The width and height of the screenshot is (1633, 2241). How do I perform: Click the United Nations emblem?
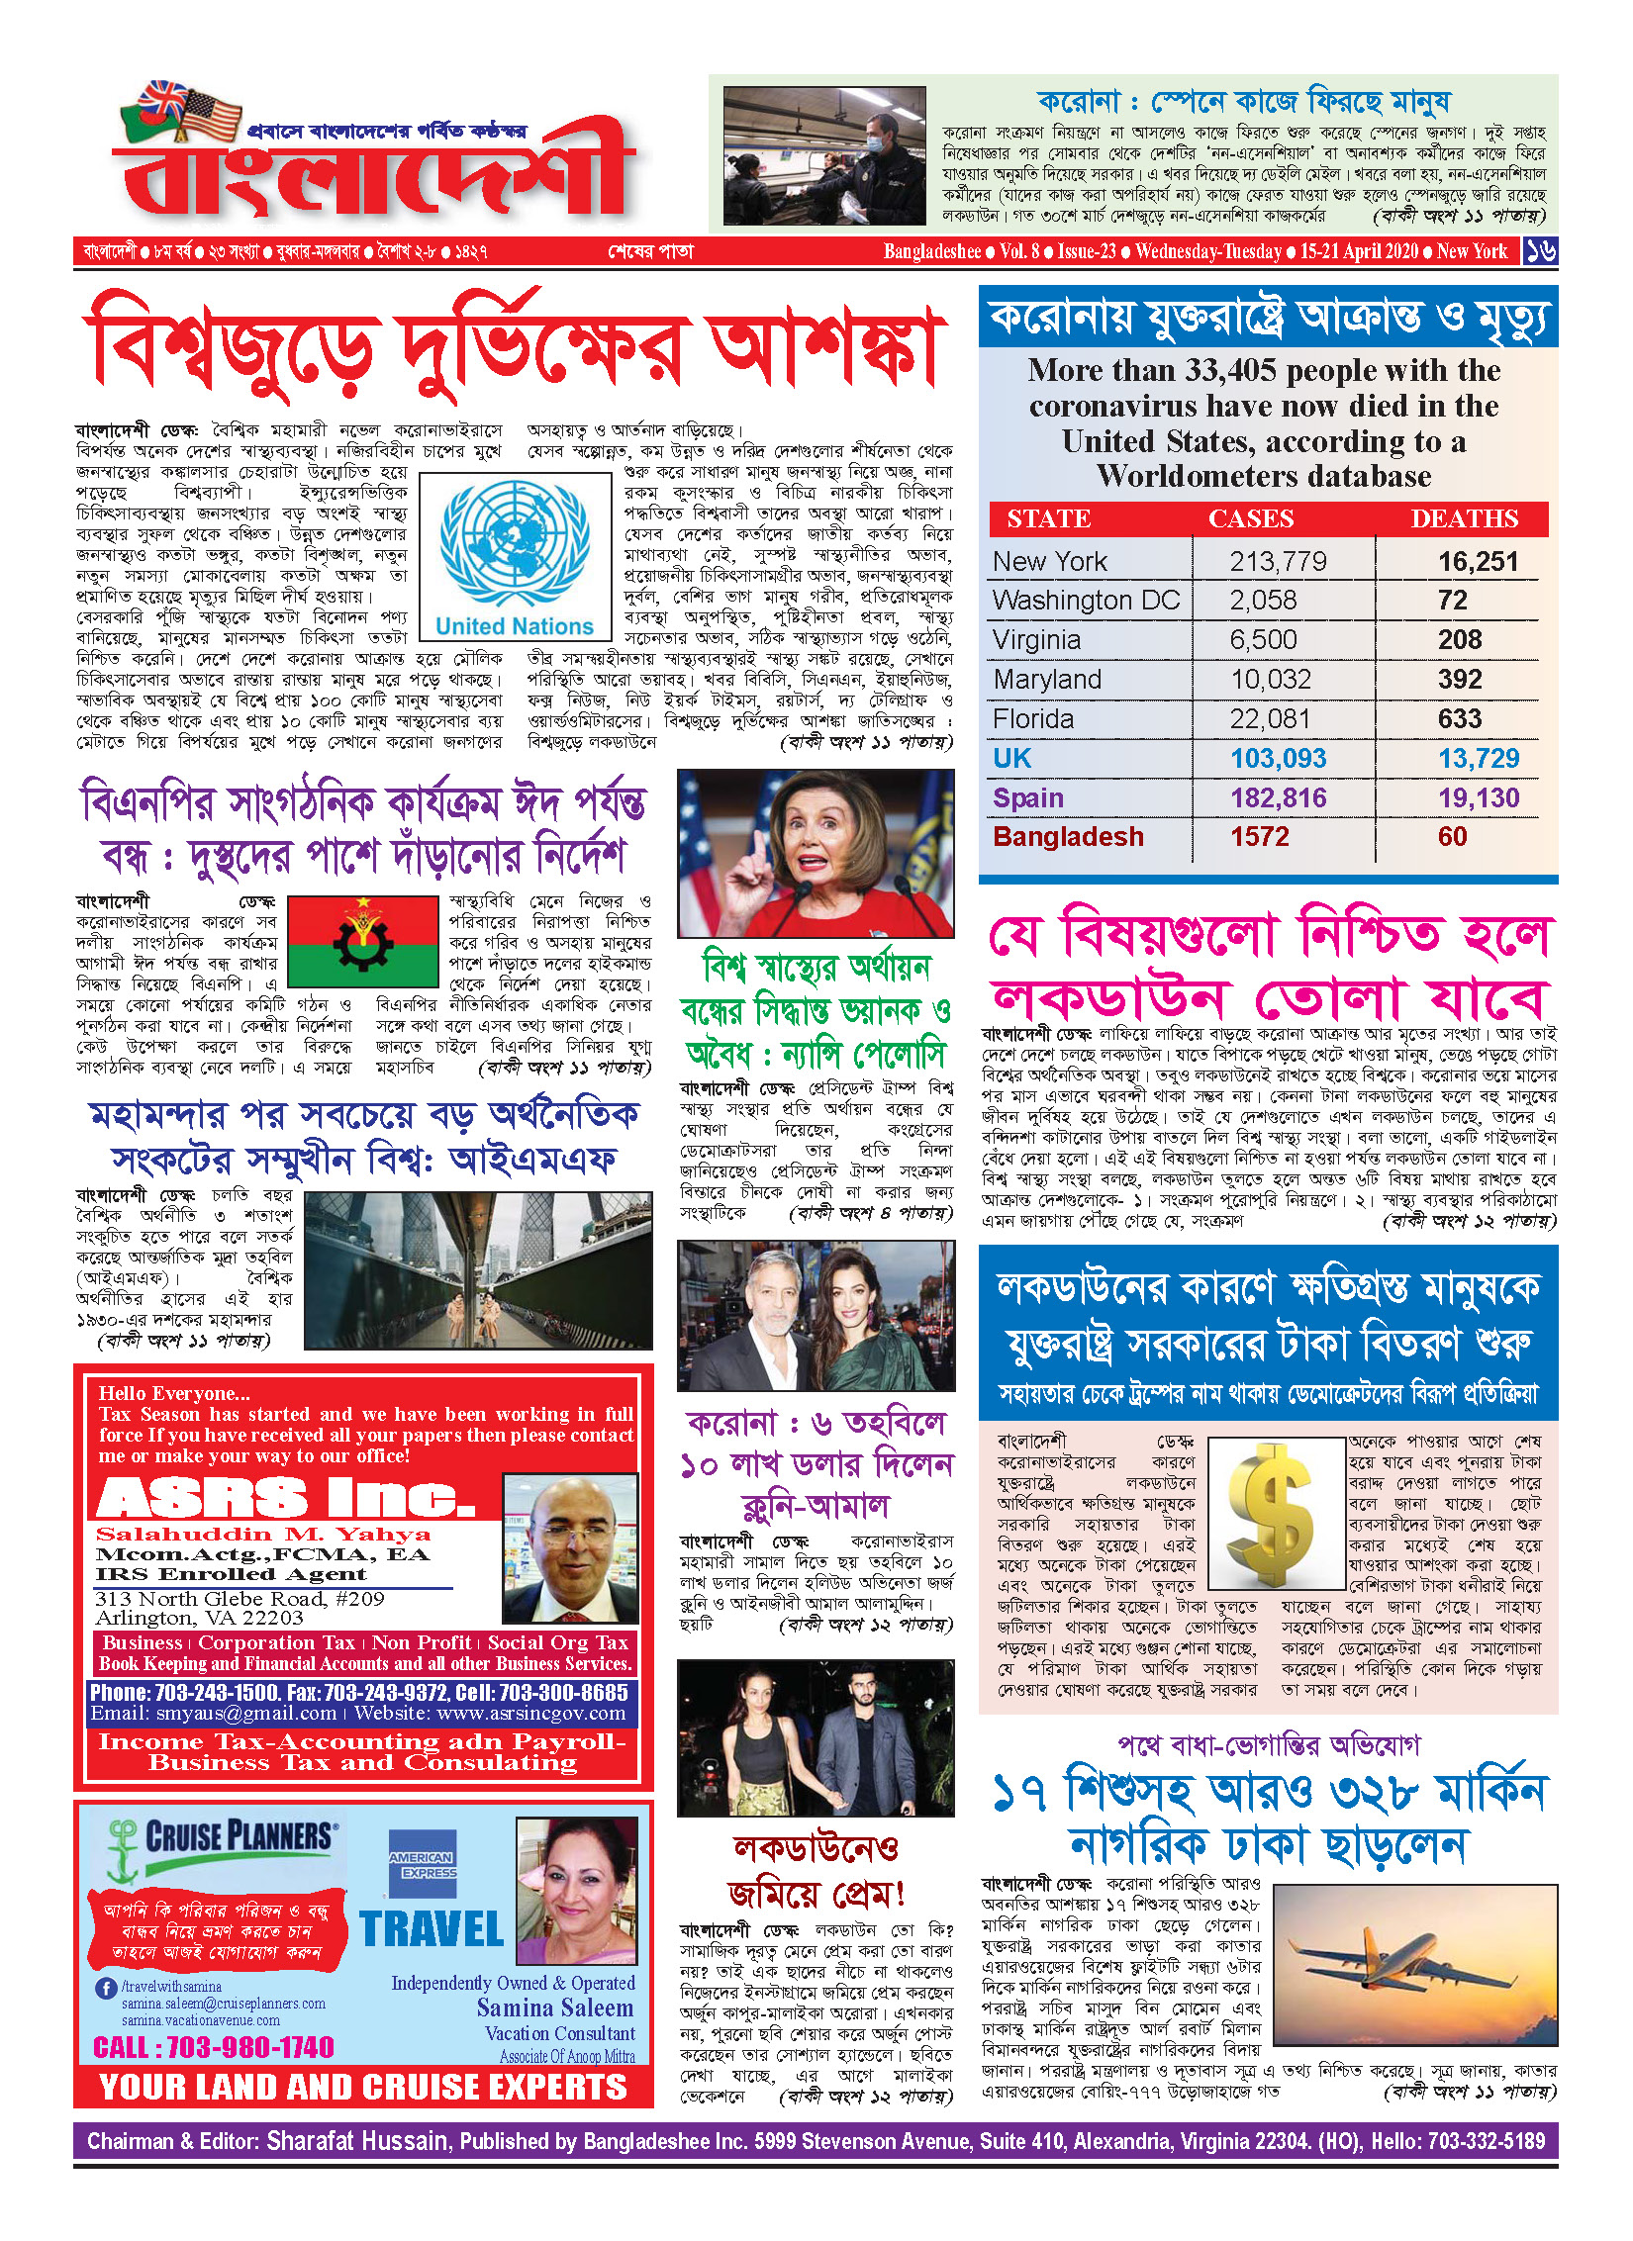coord(514,543)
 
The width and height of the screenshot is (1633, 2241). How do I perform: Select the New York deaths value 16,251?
coord(1478,562)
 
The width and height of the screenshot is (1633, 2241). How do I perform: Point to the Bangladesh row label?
coord(1068,837)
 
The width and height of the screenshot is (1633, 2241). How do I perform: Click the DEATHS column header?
coord(1464,519)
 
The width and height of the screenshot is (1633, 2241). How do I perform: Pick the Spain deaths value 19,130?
coord(1478,798)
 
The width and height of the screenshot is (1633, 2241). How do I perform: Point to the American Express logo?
coord(423,1864)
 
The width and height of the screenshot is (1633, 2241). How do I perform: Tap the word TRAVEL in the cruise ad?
coord(432,1929)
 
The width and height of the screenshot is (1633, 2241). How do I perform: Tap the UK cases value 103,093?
coord(1278,759)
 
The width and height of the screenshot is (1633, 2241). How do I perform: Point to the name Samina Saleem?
coord(554,2008)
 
